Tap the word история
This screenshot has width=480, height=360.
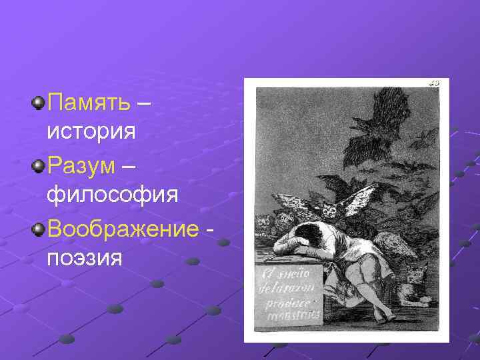tap(92, 131)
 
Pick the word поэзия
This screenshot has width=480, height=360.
tap(85, 257)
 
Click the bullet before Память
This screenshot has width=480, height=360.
tap(39, 103)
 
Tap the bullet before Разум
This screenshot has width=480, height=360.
tap(39, 165)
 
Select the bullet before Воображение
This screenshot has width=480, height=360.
tap(39, 229)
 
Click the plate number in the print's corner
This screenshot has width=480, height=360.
tap(434, 83)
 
